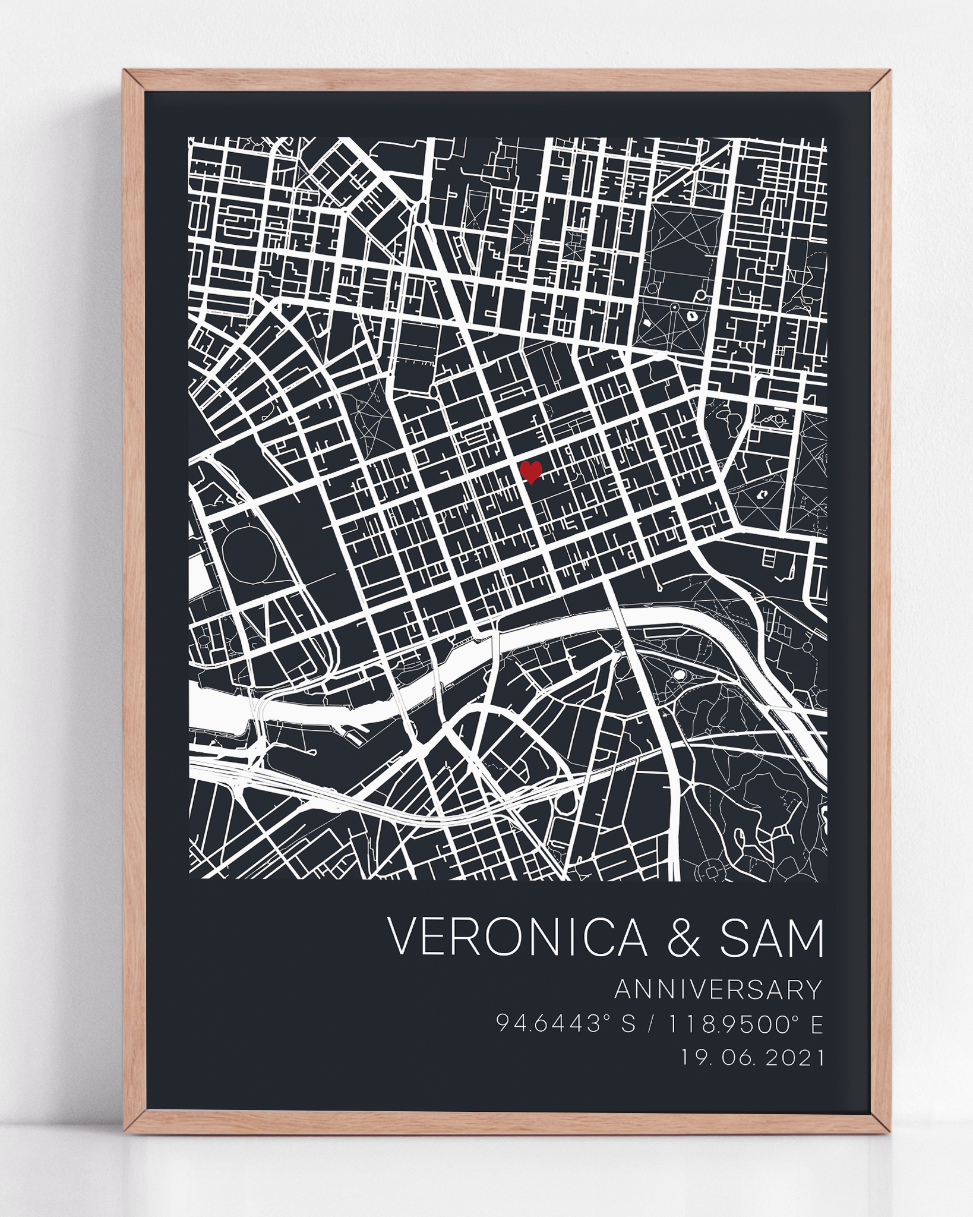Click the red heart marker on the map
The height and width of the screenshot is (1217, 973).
[x=530, y=472]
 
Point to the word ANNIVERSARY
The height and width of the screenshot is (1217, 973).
[x=719, y=990]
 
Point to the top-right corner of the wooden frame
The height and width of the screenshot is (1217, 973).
[x=882, y=80]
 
